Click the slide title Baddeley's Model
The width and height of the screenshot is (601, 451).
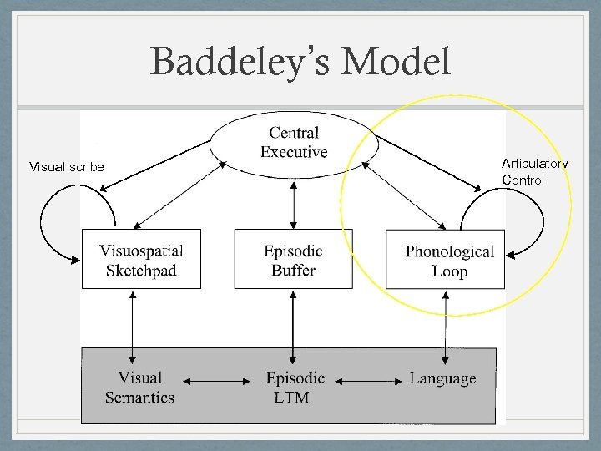pyautogui.click(x=300, y=62)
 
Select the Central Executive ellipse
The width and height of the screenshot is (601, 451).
pyautogui.click(x=294, y=142)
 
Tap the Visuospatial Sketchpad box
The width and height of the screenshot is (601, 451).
pyautogui.click(x=141, y=259)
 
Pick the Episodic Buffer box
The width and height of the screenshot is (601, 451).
pyautogui.click(x=293, y=259)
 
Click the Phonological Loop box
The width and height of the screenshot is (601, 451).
pyautogui.click(x=446, y=261)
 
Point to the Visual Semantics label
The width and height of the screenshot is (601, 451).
pyautogui.click(x=139, y=388)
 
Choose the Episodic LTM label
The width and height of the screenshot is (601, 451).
pyautogui.click(x=294, y=388)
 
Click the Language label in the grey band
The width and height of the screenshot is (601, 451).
pyautogui.click(x=442, y=378)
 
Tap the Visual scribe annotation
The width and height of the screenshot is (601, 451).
pyautogui.click(x=67, y=167)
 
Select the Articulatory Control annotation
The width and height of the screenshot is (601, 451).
pyautogui.click(x=534, y=172)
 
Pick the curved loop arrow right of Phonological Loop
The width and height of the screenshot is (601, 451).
pyautogui.click(x=534, y=221)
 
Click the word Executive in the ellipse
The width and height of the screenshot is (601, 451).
pyautogui.click(x=294, y=152)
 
